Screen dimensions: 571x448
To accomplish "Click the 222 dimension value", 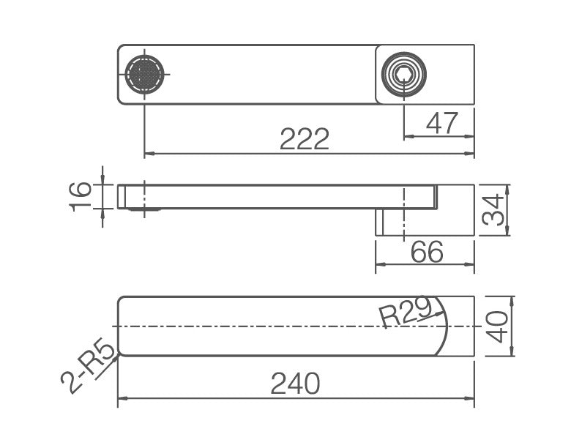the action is coord(305,139).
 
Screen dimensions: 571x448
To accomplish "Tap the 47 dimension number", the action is coord(441,123).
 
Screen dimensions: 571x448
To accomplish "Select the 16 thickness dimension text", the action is coord(80,197).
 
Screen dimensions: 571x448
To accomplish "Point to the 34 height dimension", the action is coord(493,211).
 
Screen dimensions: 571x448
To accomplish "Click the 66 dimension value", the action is coord(427,251).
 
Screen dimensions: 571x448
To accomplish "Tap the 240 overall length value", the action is coord(295,384).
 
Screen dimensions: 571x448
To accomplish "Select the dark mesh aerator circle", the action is coord(144,75).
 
